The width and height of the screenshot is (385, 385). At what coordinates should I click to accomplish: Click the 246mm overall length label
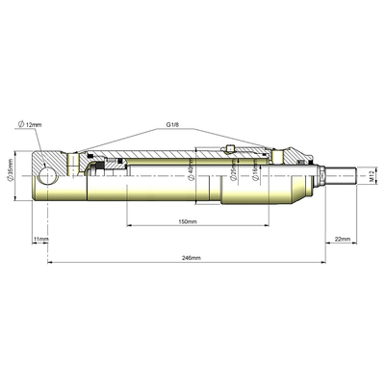click(x=192, y=258)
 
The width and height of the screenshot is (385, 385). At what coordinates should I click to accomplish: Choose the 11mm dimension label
click(x=39, y=238)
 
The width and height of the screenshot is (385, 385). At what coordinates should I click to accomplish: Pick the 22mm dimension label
click(x=342, y=238)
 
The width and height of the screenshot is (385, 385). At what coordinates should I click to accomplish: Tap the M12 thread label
click(x=371, y=175)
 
